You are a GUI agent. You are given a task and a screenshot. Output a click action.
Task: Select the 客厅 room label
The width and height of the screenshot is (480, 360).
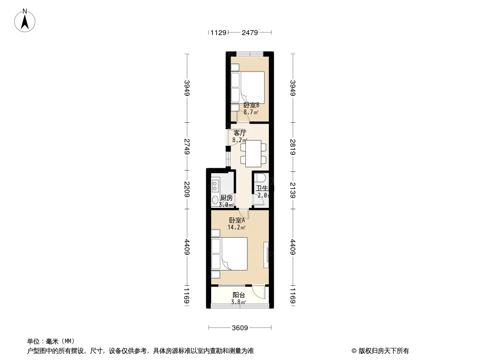pos(240,133)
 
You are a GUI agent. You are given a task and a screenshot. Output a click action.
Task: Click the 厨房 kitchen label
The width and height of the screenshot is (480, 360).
pos(226,198)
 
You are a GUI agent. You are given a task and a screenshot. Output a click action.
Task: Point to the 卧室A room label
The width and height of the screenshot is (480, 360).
pos(237,220)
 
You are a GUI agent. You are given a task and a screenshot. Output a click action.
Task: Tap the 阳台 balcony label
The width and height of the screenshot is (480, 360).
pos(239,295)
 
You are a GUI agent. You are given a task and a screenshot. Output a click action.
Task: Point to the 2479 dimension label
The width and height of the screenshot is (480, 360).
pos(250,32)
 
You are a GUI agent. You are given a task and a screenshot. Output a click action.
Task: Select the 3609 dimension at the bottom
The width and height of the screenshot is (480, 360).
pos(240,328)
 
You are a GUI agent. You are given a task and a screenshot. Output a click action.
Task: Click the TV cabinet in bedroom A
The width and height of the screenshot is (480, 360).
pos(267,254)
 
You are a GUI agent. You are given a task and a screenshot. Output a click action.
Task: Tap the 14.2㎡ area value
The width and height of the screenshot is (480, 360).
pos(237,228)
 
